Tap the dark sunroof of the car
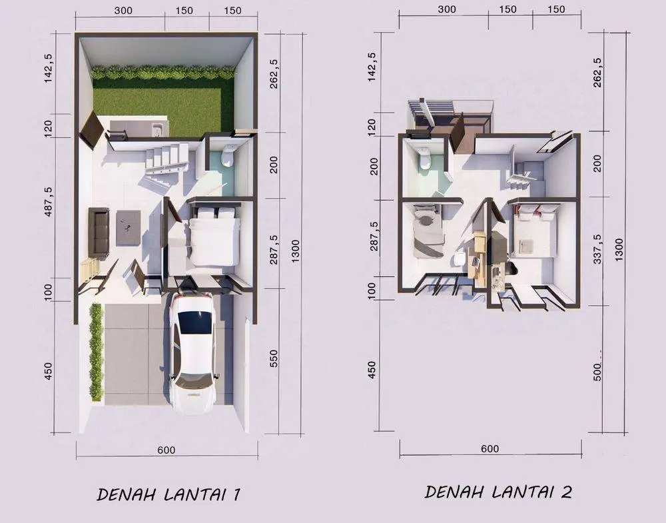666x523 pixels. (x=194, y=322)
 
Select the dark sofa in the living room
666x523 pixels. (x=99, y=233)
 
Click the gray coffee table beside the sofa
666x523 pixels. (x=129, y=228)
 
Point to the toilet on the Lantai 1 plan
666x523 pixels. (x=228, y=157)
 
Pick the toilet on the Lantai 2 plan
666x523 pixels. (x=425, y=159)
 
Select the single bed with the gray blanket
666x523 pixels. (x=428, y=232)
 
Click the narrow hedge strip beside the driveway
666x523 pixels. (x=97, y=352)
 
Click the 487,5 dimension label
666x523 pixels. (x=49, y=201)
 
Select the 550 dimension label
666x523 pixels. (x=274, y=358)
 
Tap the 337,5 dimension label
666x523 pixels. (x=597, y=249)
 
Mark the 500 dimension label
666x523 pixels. (x=597, y=372)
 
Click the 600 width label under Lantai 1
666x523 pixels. (x=166, y=450)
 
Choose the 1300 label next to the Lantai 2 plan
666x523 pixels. (x=619, y=249)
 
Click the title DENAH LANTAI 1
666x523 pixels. (x=168, y=494)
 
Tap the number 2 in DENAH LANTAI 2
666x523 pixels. (x=566, y=492)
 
